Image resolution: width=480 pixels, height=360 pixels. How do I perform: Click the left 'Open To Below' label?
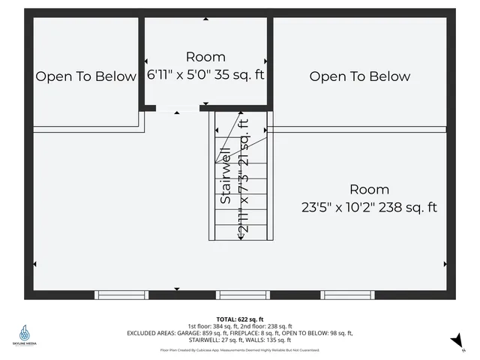coord(86,76)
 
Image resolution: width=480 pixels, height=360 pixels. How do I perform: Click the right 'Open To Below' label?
coord(360,76)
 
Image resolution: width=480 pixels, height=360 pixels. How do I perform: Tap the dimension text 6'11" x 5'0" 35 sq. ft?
coord(205,74)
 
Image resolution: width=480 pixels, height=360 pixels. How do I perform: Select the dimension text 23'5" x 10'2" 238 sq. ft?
coord(368,207)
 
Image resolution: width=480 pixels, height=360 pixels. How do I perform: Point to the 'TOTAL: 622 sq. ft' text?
coord(239,319)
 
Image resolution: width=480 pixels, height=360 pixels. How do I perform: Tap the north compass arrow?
coord(454,341)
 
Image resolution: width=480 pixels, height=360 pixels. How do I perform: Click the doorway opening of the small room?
coord(178,108)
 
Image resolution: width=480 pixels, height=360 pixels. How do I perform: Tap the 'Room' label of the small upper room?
coord(205,57)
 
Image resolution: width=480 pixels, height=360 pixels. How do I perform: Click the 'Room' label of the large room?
coord(368,190)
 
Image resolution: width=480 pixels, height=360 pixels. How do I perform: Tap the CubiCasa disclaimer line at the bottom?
coord(239,349)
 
